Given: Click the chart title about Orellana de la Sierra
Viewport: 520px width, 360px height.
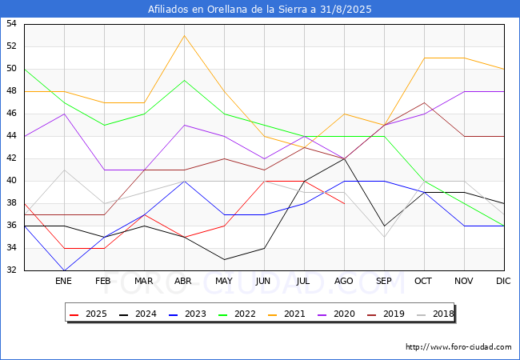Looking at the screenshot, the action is [x=260, y=10].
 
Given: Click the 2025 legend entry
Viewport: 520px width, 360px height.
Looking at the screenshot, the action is [x=89, y=314].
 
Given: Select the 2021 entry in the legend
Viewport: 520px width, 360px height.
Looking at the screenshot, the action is [x=287, y=314].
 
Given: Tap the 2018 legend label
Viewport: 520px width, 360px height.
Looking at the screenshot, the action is [x=435, y=314].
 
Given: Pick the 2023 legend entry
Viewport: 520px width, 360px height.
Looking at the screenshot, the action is [x=188, y=314].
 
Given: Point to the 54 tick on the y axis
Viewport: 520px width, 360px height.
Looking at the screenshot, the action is [x=11, y=23].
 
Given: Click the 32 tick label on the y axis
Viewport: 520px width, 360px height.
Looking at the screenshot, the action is [x=11, y=270].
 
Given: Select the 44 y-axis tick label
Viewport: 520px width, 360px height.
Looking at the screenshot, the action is [x=11, y=135].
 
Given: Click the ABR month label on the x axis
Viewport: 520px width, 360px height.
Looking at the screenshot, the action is [x=183, y=281].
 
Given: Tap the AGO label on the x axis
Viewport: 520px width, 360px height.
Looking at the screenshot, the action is [x=343, y=281].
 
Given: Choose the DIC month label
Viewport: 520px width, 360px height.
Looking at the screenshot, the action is [x=503, y=281].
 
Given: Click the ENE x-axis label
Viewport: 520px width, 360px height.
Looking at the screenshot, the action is [x=63, y=281].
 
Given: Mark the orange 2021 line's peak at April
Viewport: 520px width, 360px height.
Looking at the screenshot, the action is [x=184, y=35].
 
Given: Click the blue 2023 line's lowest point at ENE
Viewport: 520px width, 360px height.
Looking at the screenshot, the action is [x=64, y=270].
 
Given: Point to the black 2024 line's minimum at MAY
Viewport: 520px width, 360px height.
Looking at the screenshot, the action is [x=225, y=259].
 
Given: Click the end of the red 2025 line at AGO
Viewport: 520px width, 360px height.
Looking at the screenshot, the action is [x=345, y=203].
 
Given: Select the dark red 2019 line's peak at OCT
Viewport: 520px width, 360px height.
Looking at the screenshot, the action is [x=425, y=102].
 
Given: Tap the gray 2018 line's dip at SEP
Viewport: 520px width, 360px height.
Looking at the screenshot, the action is [x=384, y=237].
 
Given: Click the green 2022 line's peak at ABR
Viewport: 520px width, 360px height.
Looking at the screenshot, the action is [x=184, y=80].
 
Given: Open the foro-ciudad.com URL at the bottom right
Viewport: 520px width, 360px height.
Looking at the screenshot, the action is [x=458, y=347].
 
